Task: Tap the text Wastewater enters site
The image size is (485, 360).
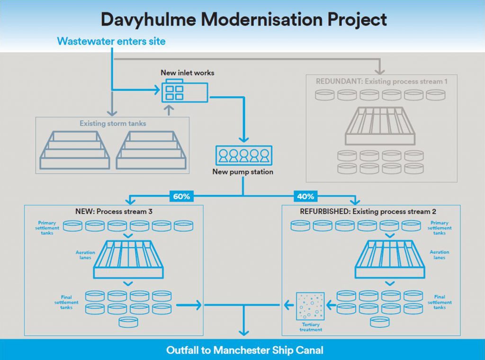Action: [111, 41]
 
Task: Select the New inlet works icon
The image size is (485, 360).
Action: [185, 91]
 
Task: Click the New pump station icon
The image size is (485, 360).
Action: [242, 155]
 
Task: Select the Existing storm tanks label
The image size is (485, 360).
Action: [113, 124]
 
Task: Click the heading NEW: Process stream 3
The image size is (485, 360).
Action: [113, 211]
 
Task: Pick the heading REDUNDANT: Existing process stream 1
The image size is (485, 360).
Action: [381, 81]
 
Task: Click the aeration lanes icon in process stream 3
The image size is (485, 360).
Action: [128, 259]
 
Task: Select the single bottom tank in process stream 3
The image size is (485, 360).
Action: [128, 323]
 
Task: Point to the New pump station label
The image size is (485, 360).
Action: [242, 172]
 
